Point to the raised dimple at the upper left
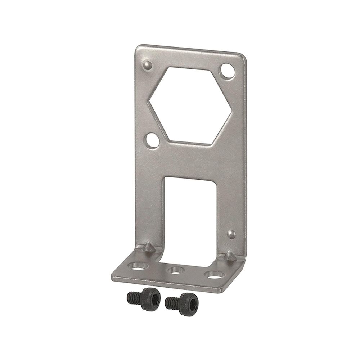147,65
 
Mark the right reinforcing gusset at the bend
229,256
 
